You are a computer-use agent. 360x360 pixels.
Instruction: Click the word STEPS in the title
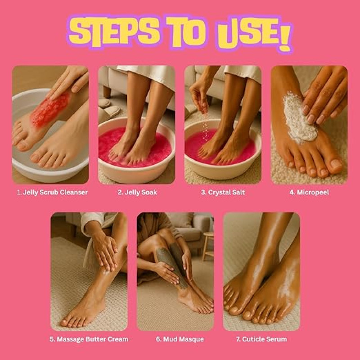tap(114, 31)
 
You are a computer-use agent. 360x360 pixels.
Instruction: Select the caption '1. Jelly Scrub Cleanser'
tap(52, 193)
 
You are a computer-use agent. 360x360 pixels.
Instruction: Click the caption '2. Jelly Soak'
tap(137, 193)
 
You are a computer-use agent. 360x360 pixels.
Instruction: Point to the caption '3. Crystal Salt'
tap(223, 193)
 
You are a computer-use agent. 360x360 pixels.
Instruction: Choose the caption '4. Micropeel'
tap(309, 193)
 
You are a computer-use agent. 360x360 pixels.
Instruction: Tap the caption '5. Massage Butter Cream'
tap(89, 339)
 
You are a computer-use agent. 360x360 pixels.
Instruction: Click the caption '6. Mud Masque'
tap(180, 339)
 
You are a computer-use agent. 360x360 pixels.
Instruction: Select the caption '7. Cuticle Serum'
tap(261, 339)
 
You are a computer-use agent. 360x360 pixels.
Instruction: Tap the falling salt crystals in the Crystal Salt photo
tap(206, 129)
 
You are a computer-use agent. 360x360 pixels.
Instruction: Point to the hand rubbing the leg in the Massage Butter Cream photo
tap(104, 252)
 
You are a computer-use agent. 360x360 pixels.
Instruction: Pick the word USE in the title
tap(247, 35)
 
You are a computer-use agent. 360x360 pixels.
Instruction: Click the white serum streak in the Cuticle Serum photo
tap(286, 279)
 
